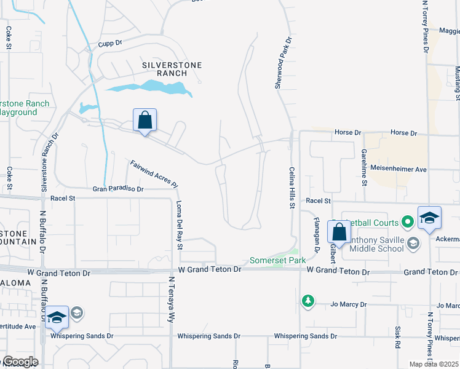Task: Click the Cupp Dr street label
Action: tap(111, 45)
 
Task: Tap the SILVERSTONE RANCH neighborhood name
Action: tap(163, 68)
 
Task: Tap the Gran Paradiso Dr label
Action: tap(118, 189)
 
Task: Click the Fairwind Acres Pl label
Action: tap(154, 174)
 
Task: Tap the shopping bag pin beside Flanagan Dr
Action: tap(339, 232)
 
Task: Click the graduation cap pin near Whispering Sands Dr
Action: tap(56, 317)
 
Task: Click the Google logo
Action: tap(20, 362)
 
